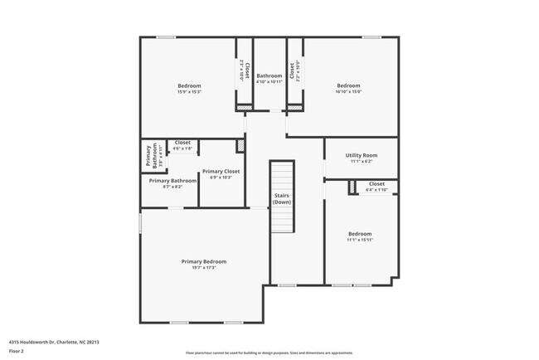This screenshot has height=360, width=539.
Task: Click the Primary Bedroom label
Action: [x=204, y=261]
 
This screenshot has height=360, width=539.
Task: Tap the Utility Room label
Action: [x=362, y=155]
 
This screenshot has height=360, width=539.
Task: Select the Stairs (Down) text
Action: [x=282, y=199]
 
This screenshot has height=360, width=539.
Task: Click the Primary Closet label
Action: [x=221, y=171]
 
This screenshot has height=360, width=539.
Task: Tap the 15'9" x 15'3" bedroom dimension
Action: [x=189, y=92]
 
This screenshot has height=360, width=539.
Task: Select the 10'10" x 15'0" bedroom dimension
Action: [x=348, y=92]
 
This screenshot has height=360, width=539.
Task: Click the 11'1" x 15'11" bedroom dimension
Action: [x=360, y=240]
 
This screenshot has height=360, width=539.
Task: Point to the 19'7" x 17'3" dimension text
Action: [x=204, y=268]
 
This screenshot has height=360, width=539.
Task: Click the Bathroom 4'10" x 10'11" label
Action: [x=269, y=79]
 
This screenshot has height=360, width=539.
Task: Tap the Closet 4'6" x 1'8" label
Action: [x=182, y=145]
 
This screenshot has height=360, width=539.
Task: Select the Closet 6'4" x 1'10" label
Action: [x=376, y=187]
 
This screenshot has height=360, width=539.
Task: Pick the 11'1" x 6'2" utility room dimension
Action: [x=362, y=162]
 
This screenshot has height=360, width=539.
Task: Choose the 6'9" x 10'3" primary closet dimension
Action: [x=221, y=178]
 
